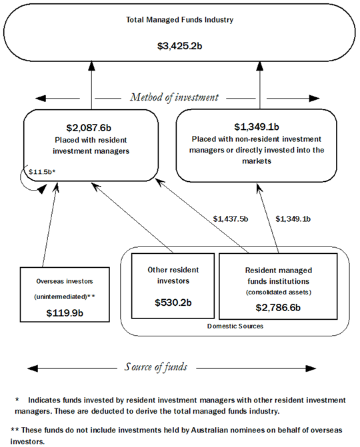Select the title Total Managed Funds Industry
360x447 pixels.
(180, 20)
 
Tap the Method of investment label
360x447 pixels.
(173, 97)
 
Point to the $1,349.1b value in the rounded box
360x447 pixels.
(257, 127)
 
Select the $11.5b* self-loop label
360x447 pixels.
(42, 172)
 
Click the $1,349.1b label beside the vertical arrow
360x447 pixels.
(293, 219)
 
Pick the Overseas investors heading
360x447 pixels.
(64, 272)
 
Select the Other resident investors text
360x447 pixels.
(173, 276)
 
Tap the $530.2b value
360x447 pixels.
(173, 302)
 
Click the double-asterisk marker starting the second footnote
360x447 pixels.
(15, 430)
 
